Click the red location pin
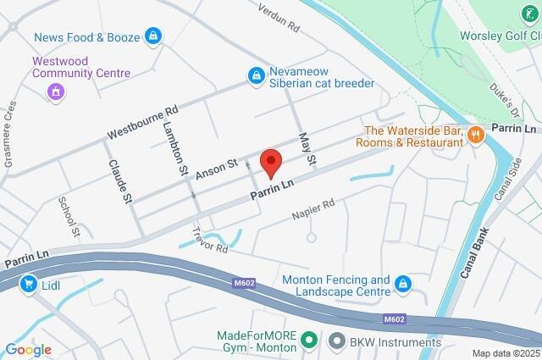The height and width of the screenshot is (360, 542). [270, 162]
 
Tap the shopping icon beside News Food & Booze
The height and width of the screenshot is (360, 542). [152, 36]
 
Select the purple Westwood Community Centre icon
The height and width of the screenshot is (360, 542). [56, 91]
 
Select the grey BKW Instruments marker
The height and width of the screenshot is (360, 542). [336, 341]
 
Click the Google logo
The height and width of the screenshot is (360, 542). [28, 349]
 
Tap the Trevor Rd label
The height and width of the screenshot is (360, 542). [210, 241]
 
